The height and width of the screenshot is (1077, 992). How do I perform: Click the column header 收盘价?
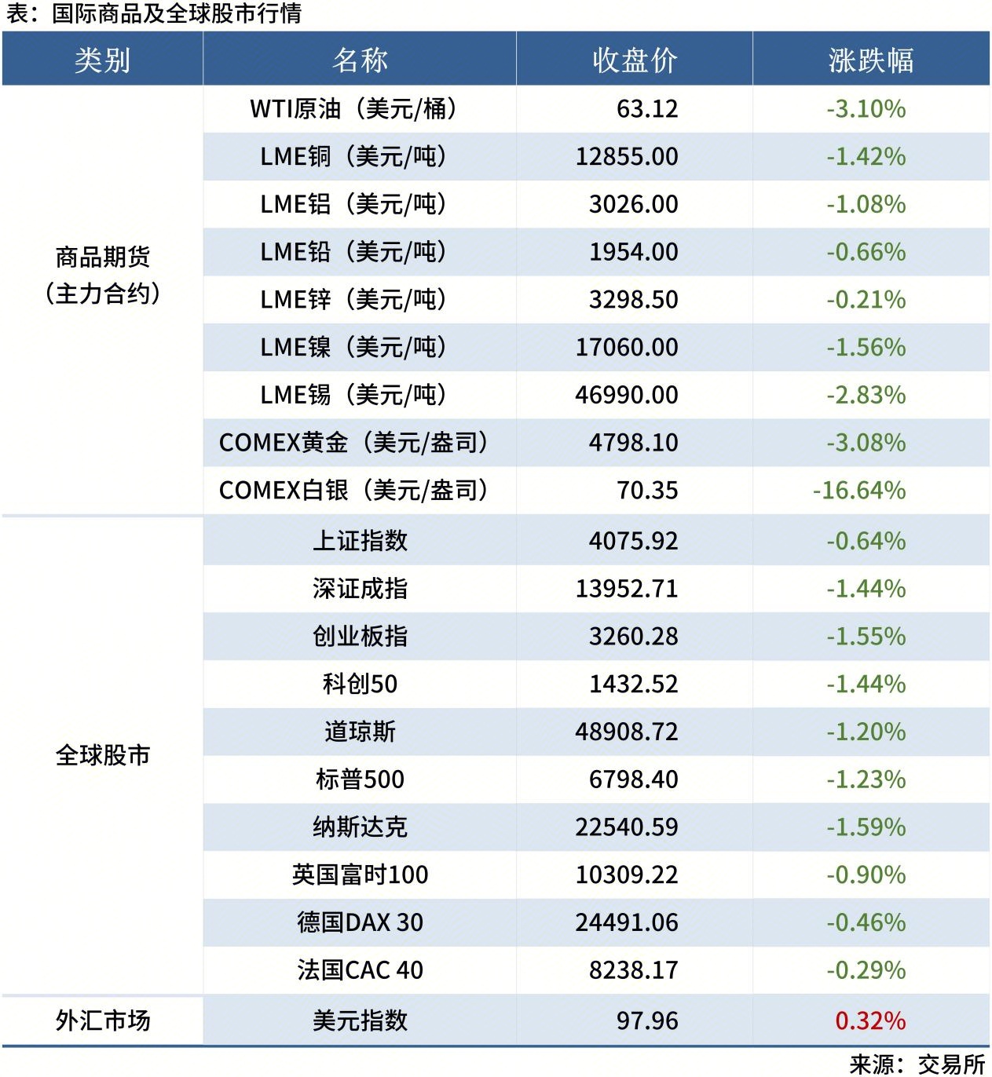(x=634, y=60)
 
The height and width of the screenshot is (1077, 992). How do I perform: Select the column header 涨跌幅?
(x=870, y=60)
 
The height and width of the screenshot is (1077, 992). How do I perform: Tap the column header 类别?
(x=102, y=60)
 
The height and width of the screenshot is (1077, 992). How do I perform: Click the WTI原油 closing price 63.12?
(x=646, y=108)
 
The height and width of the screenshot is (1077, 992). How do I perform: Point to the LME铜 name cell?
(x=353, y=156)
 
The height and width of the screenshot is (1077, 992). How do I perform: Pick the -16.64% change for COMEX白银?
(x=858, y=491)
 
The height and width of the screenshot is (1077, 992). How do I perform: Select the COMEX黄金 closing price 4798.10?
(x=633, y=443)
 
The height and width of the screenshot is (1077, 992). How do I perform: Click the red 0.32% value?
(x=869, y=1020)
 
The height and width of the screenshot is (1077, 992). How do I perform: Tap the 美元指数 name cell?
(x=360, y=1020)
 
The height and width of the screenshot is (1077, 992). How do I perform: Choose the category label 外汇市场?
(x=102, y=1020)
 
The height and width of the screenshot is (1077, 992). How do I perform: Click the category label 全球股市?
(x=102, y=755)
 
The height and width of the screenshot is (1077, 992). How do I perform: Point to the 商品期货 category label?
(x=102, y=257)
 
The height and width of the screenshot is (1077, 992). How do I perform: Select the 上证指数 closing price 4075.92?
(x=633, y=541)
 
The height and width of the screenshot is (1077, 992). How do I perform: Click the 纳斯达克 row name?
(x=360, y=827)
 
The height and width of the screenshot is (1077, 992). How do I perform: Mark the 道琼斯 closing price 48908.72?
(x=626, y=732)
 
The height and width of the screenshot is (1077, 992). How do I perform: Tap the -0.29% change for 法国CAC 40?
(x=866, y=970)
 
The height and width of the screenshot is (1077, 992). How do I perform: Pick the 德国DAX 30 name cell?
(x=360, y=922)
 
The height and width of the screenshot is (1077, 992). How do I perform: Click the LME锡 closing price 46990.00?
(x=626, y=395)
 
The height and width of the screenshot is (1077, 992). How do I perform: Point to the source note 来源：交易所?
(x=917, y=1064)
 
